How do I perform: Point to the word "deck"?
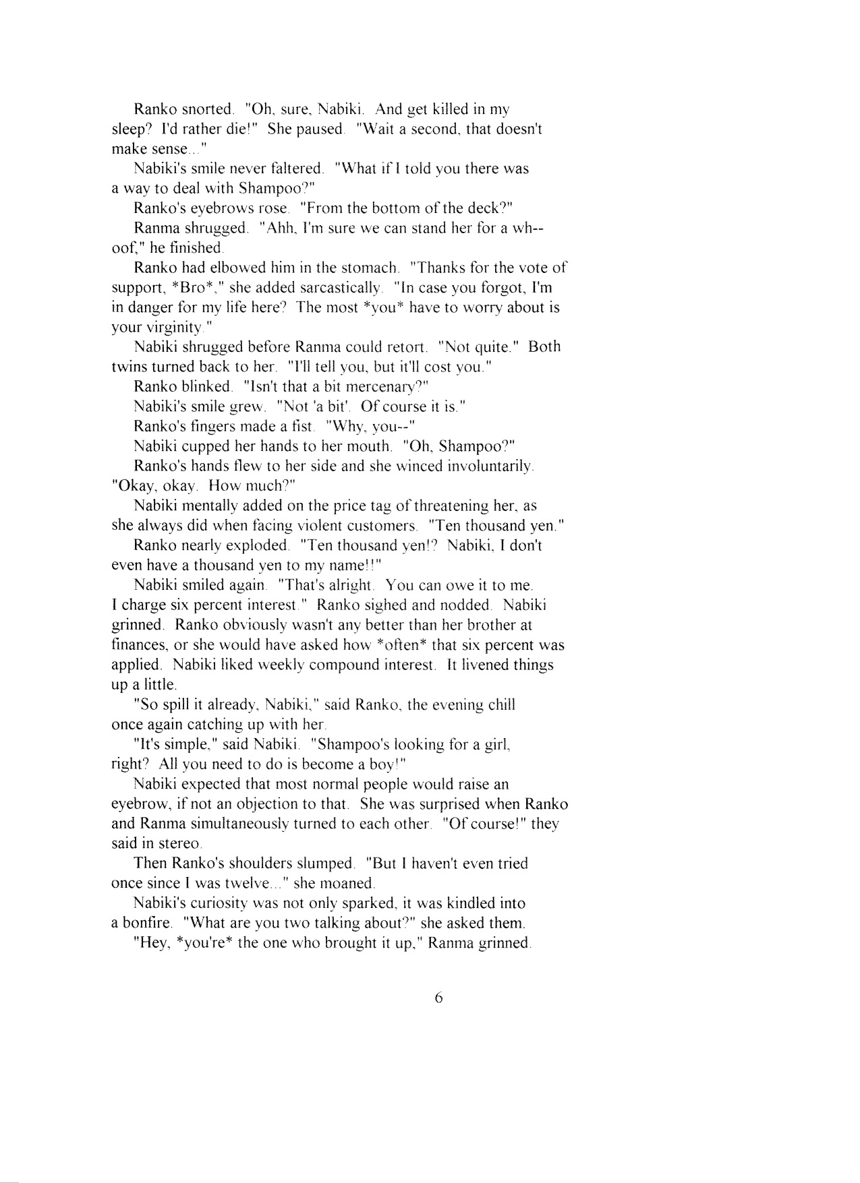tap(480, 208)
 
